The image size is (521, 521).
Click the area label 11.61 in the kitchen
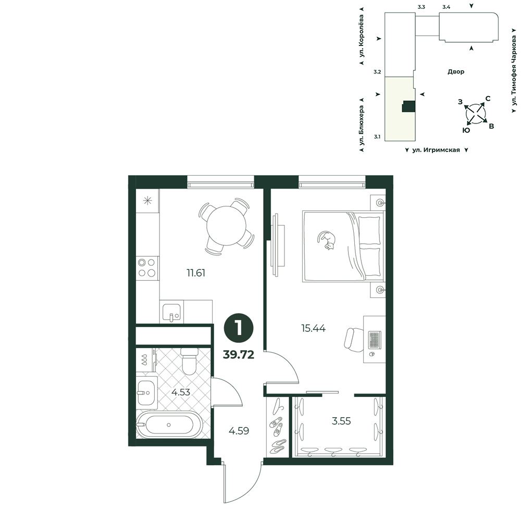click(196, 273)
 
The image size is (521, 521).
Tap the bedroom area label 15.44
click(313, 329)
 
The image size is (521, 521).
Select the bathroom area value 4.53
click(181, 392)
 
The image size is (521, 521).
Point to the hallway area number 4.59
click(239, 431)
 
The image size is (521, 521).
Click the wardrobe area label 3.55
click(341, 421)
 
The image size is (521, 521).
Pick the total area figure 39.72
click(239, 355)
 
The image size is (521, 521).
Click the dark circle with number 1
click(239, 328)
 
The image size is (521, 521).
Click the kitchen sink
click(171, 312)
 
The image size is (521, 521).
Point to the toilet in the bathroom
click(190, 361)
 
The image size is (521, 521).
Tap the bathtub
click(169, 425)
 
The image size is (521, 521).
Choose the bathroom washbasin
click(146, 393)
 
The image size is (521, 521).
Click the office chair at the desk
click(354, 340)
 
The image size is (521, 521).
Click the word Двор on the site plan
click(456, 72)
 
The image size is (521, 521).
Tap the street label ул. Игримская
click(436, 150)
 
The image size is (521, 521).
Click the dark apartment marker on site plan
click(408, 106)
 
